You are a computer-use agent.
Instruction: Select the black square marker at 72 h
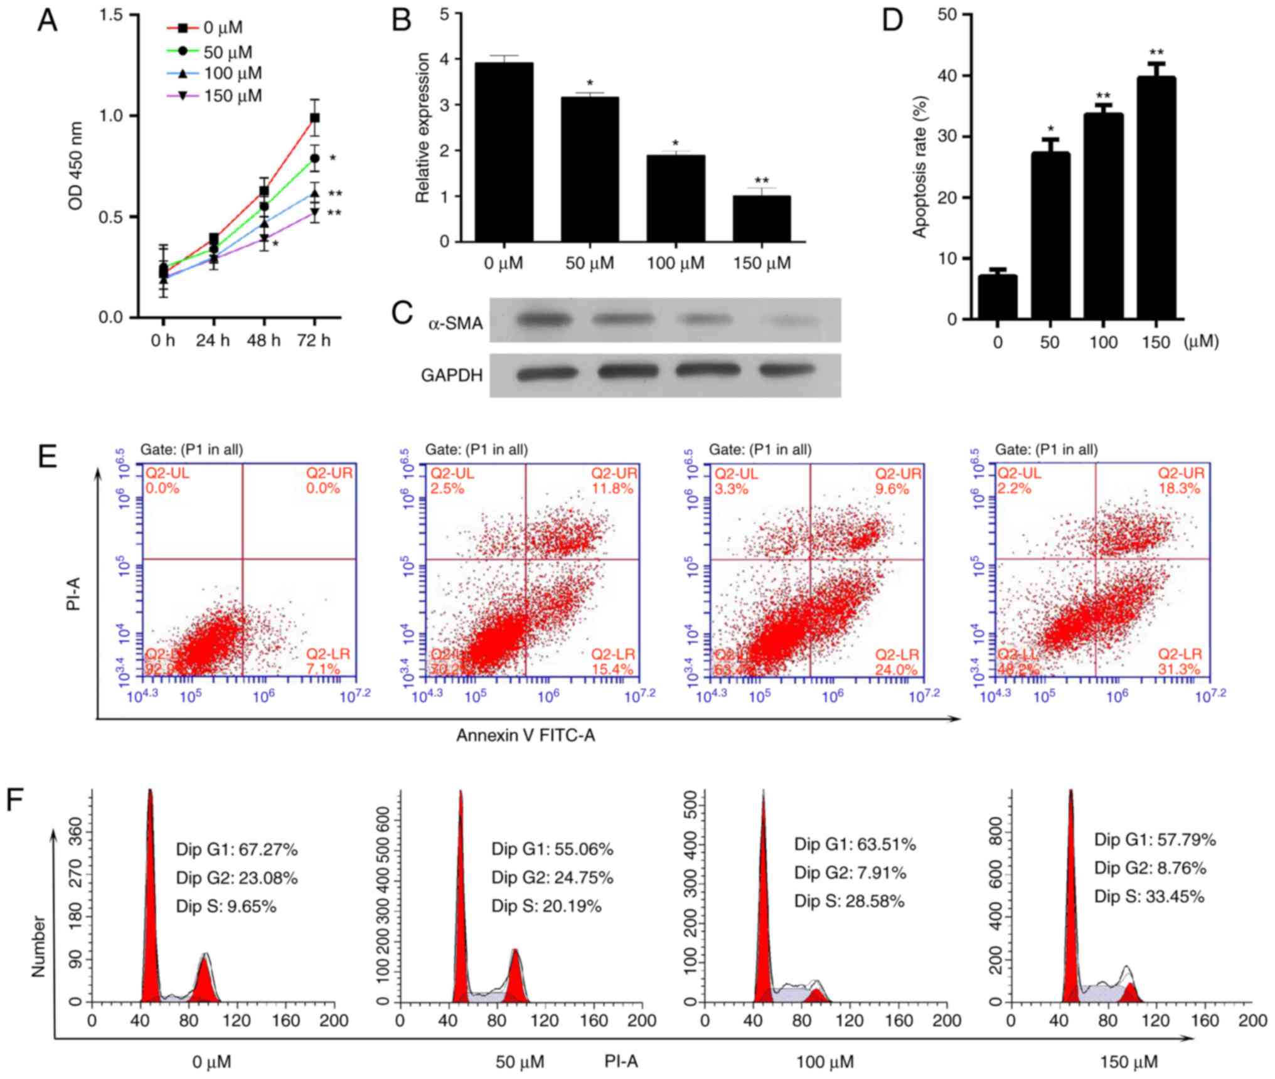point(315,117)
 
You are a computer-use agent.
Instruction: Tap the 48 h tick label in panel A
point(264,341)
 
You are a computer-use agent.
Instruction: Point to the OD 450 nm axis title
point(76,166)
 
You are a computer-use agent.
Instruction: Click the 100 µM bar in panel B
point(676,198)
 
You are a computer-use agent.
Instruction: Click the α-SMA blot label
point(455,324)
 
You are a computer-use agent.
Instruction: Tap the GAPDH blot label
point(452,375)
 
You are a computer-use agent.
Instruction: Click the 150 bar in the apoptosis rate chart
point(1156,198)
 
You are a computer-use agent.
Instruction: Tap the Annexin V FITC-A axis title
point(525,735)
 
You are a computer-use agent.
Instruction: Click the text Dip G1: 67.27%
point(237,849)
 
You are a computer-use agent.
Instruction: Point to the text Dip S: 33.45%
point(1149,897)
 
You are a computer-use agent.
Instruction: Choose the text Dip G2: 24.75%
point(552,878)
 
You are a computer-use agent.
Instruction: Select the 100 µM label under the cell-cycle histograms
point(825,1062)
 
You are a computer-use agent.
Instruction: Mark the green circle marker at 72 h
point(315,158)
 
